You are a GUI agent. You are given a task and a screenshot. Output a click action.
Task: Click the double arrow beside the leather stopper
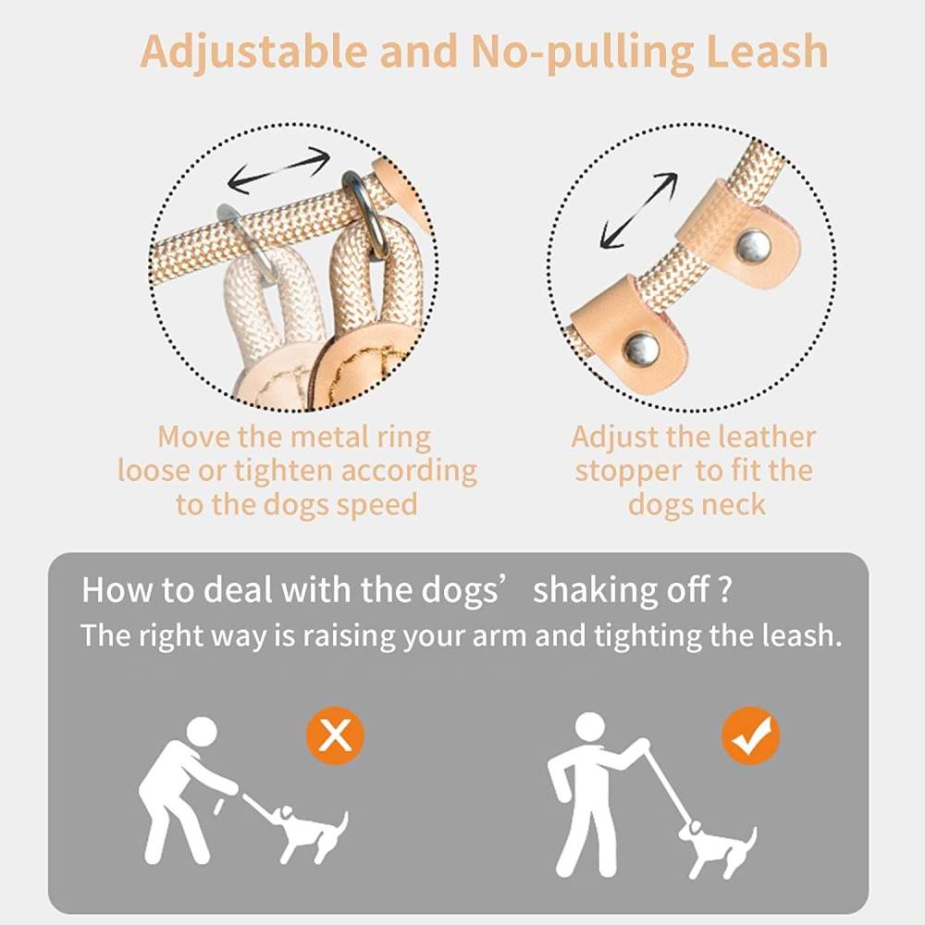click(x=638, y=210)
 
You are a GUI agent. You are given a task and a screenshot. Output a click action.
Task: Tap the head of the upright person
click(x=589, y=727)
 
